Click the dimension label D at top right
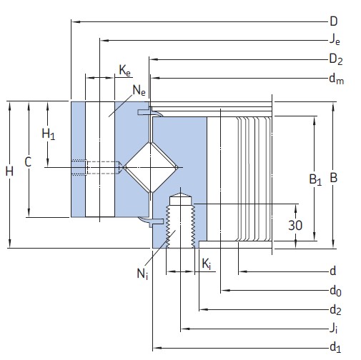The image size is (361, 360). (334, 21)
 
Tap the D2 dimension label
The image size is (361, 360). (336, 59)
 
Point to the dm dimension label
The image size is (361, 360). (337, 79)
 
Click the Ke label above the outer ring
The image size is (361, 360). (125, 70)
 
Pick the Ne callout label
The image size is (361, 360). (139, 90)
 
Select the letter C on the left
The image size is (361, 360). (27, 162)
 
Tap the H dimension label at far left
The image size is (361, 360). (9, 171)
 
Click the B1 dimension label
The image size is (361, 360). (315, 180)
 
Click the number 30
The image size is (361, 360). (295, 225)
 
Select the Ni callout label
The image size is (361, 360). (143, 273)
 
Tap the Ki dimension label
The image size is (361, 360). (205, 265)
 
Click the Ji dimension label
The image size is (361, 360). (335, 329)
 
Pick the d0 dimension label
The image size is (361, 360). (335, 291)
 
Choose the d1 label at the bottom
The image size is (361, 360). (335, 347)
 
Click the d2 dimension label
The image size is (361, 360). (335, 309)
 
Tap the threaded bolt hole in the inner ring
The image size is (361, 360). (181, 221)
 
